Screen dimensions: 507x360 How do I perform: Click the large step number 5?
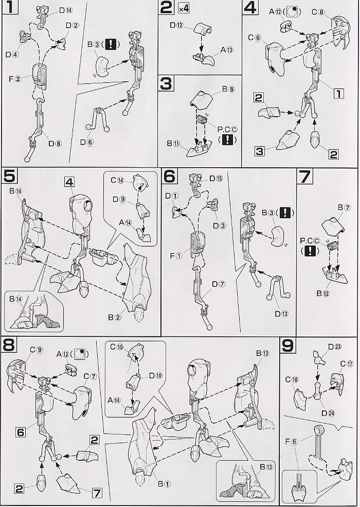click(9, 177)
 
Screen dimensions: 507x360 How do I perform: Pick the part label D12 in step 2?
click(176, 25)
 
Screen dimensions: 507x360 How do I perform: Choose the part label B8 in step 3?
click(228, 88)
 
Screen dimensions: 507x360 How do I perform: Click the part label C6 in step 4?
click(255, 38)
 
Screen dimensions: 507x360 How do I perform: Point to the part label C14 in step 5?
click(117, 180)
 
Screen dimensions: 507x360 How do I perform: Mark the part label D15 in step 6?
click(215, 178)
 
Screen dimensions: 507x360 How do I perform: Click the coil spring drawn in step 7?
click(332, 247)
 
